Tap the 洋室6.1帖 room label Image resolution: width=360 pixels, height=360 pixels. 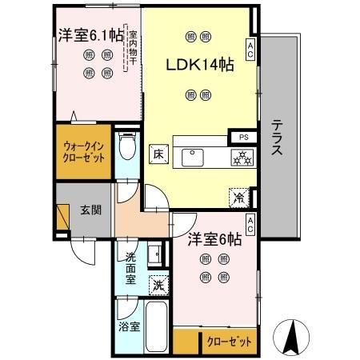(x=89, y=36)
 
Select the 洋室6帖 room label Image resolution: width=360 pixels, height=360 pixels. (x=215, y=239)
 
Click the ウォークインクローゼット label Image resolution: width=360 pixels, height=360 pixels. (x=84, y=152)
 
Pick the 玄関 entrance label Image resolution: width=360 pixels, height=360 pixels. (x=90, y=211)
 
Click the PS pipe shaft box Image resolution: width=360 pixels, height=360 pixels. (x=242, y=136)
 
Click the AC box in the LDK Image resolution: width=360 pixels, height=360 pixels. (x=250, y=50)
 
